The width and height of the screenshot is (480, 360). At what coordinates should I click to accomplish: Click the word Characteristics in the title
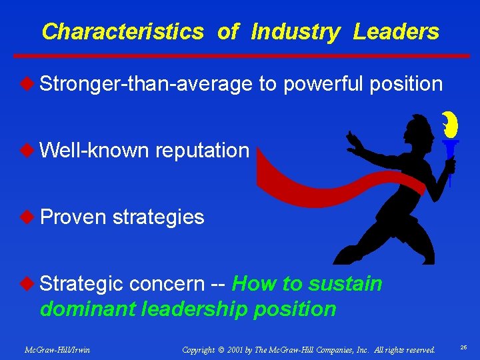(122, 31)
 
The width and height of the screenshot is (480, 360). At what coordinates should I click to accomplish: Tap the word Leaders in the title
(396, 31)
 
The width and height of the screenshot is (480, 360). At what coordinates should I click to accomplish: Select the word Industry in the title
(295, 32)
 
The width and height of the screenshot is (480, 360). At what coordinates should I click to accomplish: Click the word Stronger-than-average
(146, 84)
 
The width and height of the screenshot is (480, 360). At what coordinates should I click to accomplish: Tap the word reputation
(202, 150)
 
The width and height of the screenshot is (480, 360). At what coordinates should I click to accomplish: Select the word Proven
(73, 217)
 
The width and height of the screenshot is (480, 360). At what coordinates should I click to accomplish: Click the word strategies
(158, 217)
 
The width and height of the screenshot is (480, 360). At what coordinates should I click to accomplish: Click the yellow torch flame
(449, 126)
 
